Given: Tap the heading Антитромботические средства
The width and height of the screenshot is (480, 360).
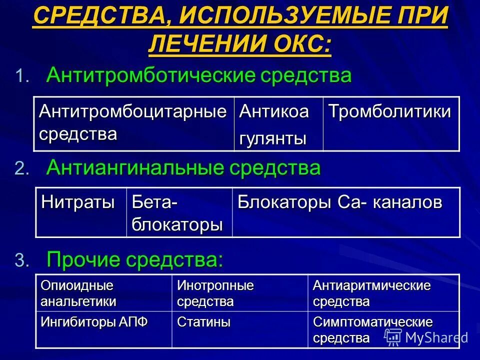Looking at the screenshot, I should pyautogui.click(x=199, y=76).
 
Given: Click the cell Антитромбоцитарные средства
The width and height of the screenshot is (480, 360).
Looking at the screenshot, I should pyautogui.click(x=133, y=123).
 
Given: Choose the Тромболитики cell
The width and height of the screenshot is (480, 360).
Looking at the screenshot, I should pyautogui.click(x=389, y=112).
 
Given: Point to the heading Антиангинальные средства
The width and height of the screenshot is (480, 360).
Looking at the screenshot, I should pyautogui.click(x=183, y=168).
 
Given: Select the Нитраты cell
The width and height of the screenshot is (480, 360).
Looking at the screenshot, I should pyautogui.click(x=78, y=202).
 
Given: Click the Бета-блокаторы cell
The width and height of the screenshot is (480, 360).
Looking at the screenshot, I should pyautogui.click(x=177, y=213).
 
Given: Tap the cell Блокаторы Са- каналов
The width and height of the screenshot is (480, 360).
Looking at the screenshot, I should pyautogui.click(x=340, y=202).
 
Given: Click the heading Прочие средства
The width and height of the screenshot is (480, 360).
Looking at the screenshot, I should pyautogui.click(x=134, y=259).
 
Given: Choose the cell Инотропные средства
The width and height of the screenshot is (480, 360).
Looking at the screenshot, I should pyautogui.click(x=215, y=293).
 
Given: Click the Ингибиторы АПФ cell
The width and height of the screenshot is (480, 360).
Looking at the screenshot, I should pyautogui.click(x=94, y=322).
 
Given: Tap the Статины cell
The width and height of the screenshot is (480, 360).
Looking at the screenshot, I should pyautogui.click(x=204, y=322).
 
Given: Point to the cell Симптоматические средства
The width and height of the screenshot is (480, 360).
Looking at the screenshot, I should pyautogui.click(x=372, y=329).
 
